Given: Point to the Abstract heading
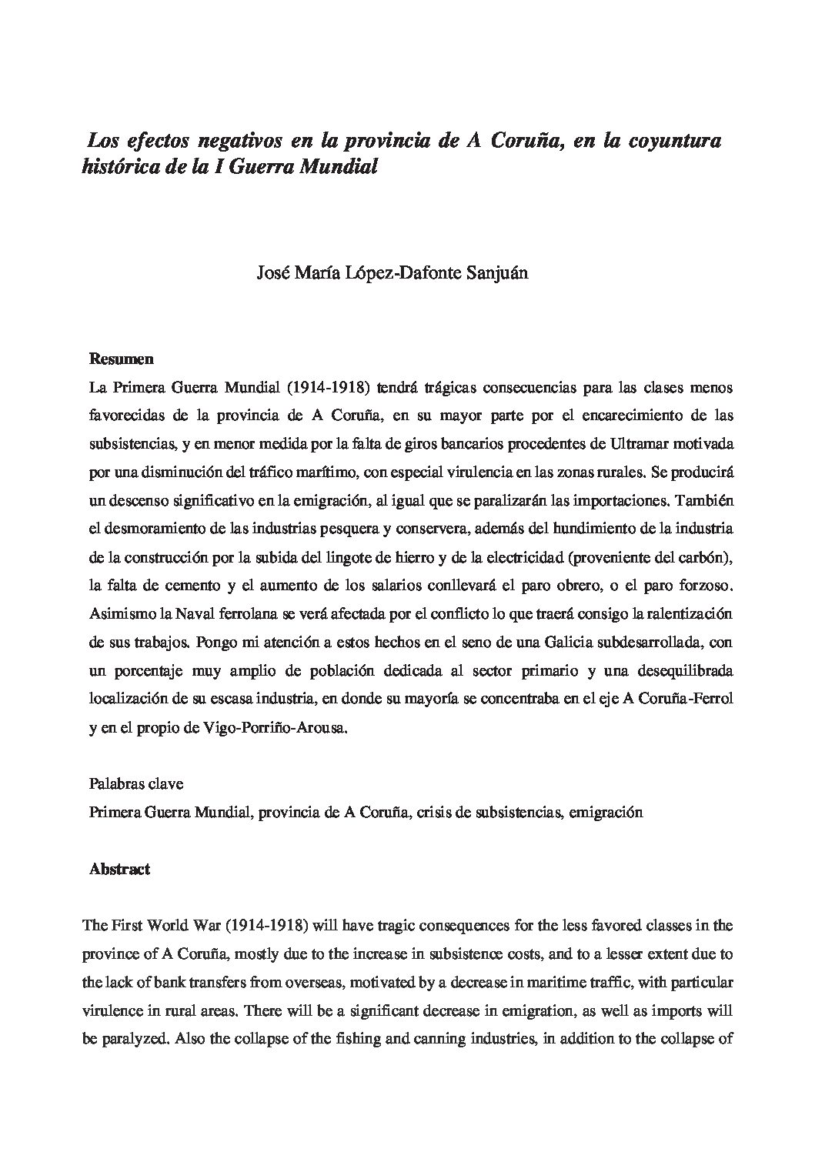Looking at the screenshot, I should tap(119, 870).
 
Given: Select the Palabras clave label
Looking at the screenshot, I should tap(135, 785).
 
